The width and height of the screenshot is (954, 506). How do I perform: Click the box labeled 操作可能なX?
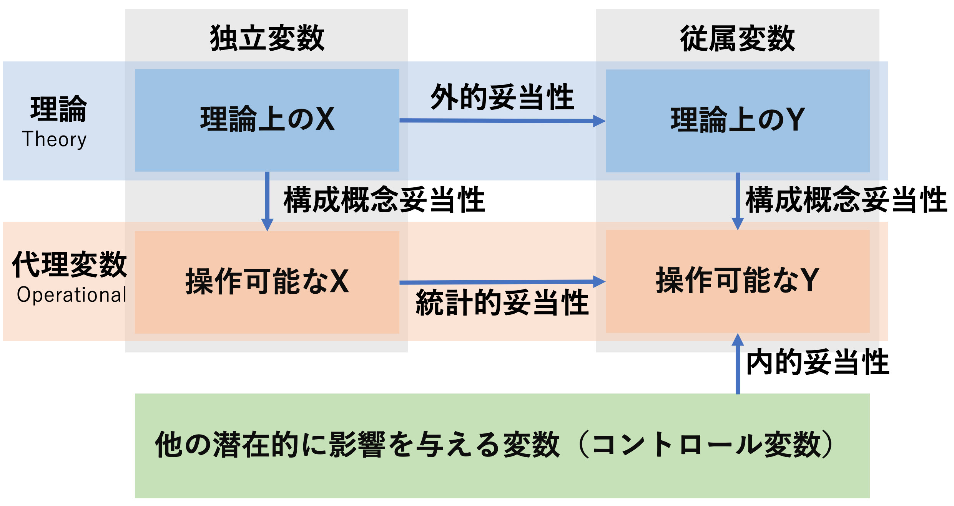tap(267, 281)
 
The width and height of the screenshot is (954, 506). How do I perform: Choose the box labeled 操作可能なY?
tap(737, 281)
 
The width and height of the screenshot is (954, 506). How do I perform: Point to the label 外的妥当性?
tap(502, 97)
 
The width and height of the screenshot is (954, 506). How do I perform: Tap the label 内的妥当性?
tap(817, 362)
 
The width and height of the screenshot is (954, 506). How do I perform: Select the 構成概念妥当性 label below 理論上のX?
tap(384, 199)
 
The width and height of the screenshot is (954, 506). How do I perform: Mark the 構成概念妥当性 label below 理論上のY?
tap(846, 199)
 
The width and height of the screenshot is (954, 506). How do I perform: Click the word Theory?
tap(54, 139)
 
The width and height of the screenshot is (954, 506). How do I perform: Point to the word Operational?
tap(71, 295)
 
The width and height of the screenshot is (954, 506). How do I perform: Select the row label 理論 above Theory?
tap(58, 109)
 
